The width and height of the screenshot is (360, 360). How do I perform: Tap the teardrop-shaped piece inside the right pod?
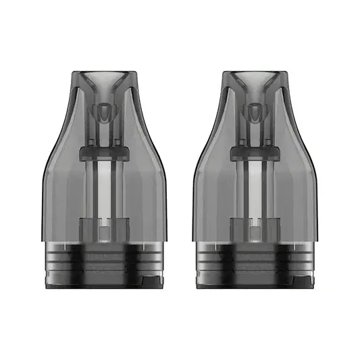(255, 112)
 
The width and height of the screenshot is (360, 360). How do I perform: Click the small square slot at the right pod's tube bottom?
(255, 234)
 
